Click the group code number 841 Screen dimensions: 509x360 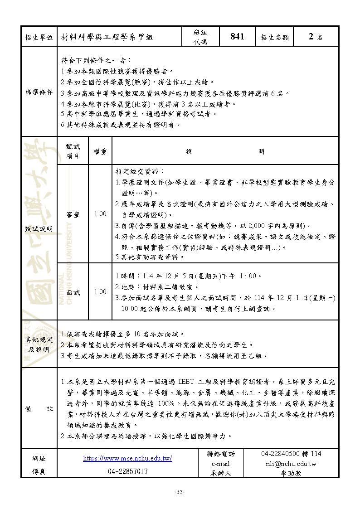point(237,37)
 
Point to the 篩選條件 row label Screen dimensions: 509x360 point(39,92)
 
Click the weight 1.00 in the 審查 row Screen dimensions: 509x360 point(100,214)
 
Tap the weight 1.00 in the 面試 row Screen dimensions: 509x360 point(100,292)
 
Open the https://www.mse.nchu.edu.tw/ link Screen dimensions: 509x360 point(128,458)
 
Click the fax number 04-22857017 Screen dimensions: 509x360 point(128,471)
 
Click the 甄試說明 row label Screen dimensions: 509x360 point(39,229)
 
